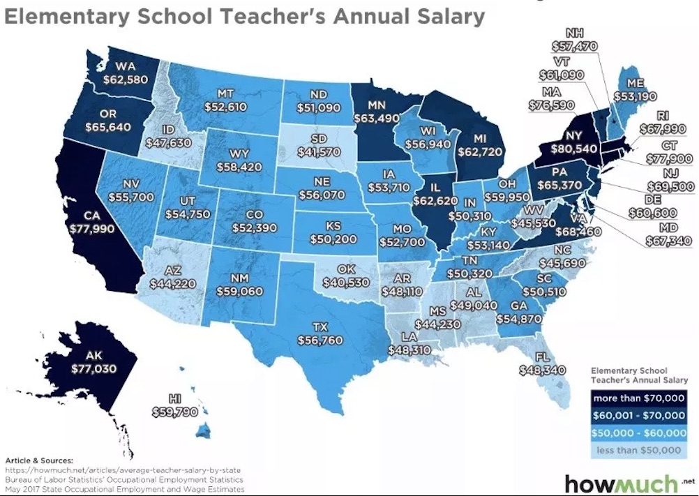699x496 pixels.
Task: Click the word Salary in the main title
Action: point(442,15)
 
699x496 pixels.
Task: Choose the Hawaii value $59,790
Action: point(175,411)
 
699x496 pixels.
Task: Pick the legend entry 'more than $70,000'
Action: point(640,398)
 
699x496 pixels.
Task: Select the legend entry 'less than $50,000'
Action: point(640,450)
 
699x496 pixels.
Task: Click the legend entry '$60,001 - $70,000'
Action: point(640,416)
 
